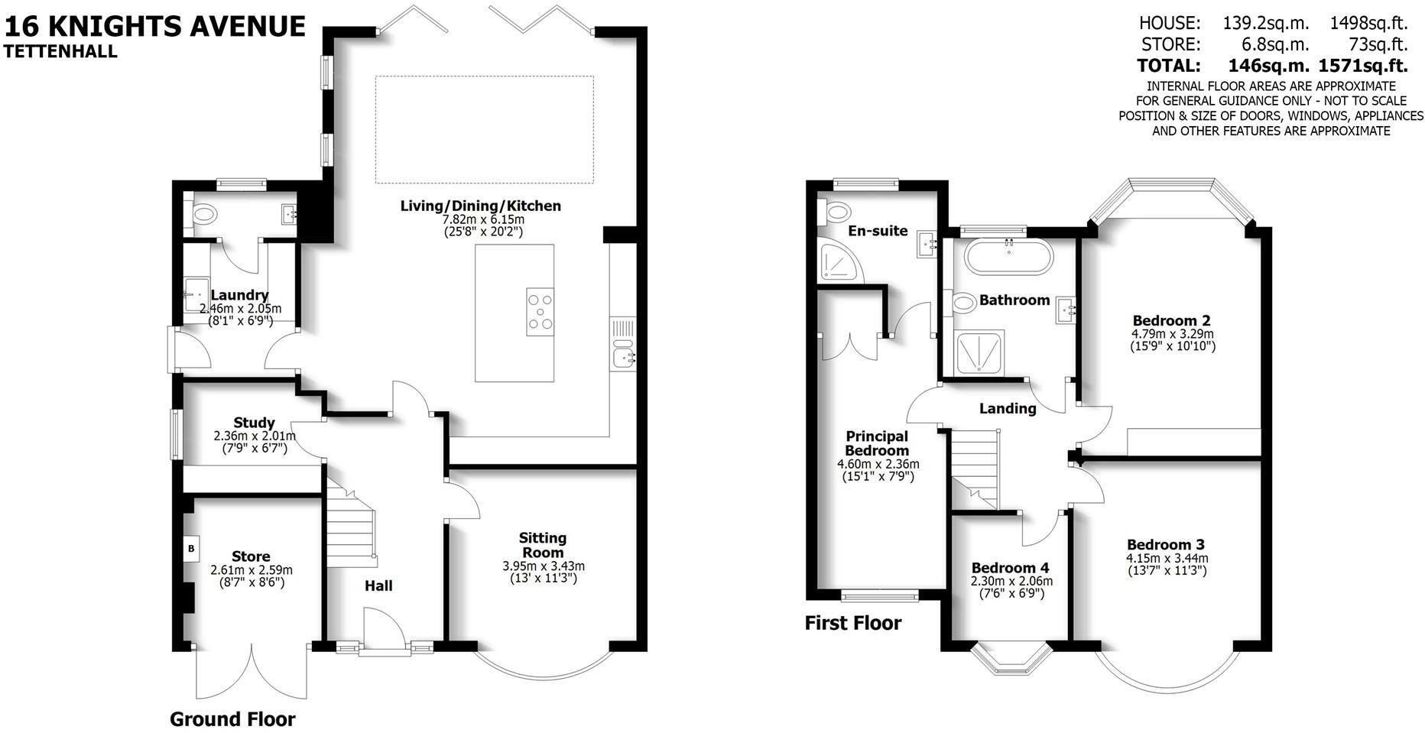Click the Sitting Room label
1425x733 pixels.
[543, 545]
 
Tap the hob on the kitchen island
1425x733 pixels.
[540, 312]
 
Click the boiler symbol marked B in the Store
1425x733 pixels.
[191, 548]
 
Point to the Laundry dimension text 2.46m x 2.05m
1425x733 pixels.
[240, 309]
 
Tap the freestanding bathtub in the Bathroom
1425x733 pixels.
[1008, 258]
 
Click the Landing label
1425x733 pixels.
[1008, 408]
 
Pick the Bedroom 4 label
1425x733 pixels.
[1010, 568]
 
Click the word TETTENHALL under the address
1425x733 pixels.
[60, 52]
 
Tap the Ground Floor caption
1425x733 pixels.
[232, 719]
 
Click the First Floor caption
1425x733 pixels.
[852, 623]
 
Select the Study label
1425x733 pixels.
[254, 423]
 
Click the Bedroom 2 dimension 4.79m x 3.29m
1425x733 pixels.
[1172, 334]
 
